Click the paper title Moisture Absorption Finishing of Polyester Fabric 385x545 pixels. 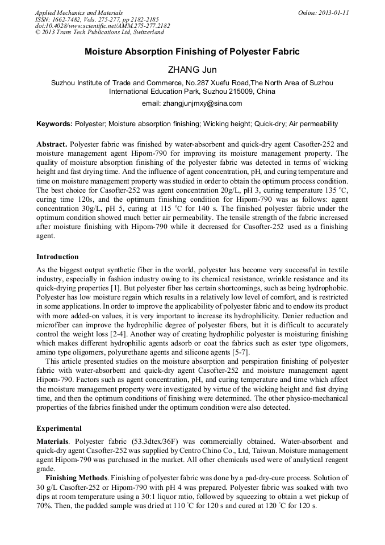pos(192,52)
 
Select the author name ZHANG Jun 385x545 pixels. pos(192,70)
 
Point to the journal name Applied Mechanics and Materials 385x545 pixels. pos(78,13)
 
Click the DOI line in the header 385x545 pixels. pos(102,26)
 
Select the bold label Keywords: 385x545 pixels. pos(55,123)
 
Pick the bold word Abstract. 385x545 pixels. pos(51,144)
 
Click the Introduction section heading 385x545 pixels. pos(57,257)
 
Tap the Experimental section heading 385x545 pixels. pos(59,428)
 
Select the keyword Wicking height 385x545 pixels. pos(226,123)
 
